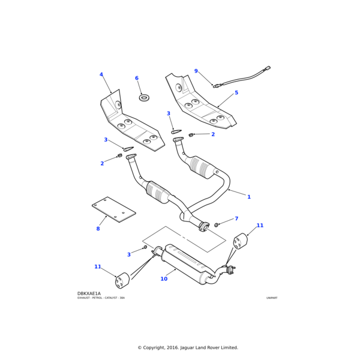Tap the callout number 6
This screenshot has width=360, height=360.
[136, 78]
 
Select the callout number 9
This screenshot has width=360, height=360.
[196, 71]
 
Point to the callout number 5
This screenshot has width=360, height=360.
[236, 92]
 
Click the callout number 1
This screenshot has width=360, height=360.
[249, 197]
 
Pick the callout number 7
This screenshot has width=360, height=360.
[236, 218]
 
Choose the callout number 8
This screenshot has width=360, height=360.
[98, 229]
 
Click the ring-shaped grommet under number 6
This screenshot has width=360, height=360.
[144, 97]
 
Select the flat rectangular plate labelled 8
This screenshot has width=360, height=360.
[114, 209]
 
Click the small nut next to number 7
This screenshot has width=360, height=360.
[217, 224]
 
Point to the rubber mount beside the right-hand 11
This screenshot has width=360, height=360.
[240, 241]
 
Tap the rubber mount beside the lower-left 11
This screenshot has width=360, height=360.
[122, 280]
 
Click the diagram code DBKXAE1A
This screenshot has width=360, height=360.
[89, 293]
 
